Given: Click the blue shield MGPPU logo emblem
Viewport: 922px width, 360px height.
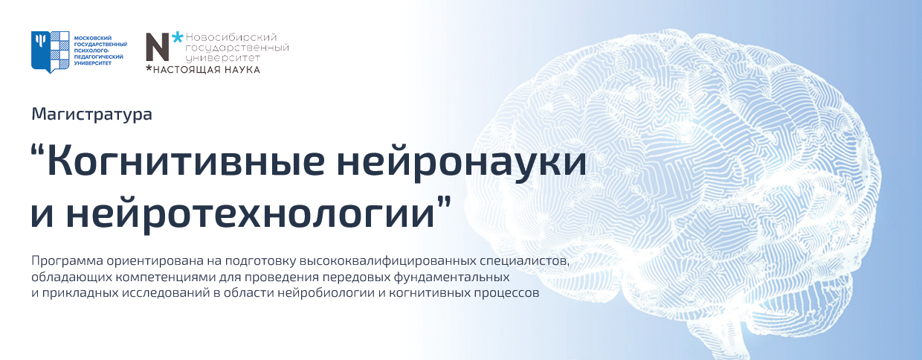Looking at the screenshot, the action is point(50,52).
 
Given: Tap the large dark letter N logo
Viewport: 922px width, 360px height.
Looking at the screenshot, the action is point(158,47).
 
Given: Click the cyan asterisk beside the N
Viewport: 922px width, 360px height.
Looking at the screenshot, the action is point(178,37).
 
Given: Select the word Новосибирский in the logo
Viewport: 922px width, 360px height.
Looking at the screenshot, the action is point(231,37).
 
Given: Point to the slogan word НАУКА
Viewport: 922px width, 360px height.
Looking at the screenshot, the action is point(242,70).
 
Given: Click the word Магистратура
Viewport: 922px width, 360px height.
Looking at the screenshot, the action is point(91,115).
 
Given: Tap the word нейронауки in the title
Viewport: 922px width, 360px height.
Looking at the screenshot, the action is point(462,163).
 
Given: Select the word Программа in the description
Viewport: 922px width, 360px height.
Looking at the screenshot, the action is point(67,261).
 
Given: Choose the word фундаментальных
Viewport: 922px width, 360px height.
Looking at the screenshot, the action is point(451,277).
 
